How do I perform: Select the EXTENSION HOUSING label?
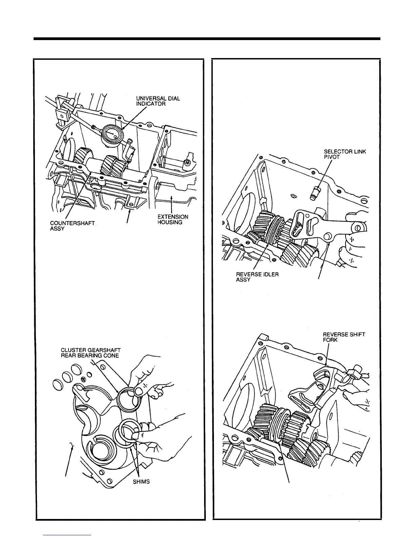click(x=173, y=219)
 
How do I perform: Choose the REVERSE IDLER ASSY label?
click(x=257, y=277)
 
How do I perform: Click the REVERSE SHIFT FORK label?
click(x=344, y=337)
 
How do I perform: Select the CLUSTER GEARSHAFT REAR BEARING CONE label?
click(x=90, y=353)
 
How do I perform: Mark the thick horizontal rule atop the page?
click(x=207, y=39)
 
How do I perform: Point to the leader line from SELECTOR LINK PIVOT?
click(x=324, y=173)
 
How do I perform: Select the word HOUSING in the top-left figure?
click(x=170, y=222)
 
